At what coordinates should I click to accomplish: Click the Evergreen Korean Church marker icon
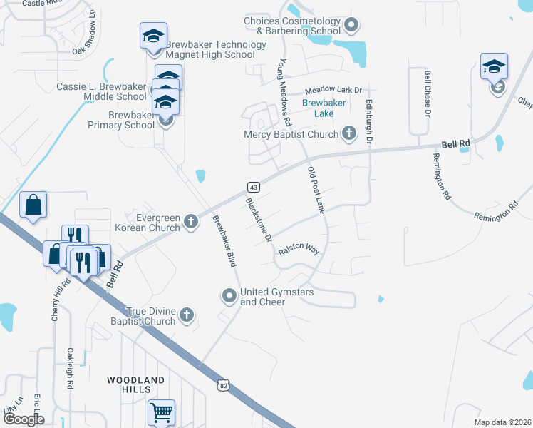(x=191, y=222)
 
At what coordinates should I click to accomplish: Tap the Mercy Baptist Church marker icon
(x=349, y=133)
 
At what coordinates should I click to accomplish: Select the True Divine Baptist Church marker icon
(x=187, y=315)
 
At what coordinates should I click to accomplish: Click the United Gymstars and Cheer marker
(x=229, y=295)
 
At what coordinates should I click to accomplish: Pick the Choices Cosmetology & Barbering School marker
(x=351, y=26)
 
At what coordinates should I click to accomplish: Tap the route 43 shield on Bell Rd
(x=253, y=187)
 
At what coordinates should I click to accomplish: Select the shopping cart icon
(x=162, y=412)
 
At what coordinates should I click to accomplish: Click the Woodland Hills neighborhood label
(x=136, y=384)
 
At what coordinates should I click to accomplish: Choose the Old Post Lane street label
(x=316, y=190)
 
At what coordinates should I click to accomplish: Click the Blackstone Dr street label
(x=259, y=220)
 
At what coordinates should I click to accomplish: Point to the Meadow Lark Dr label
(x=334, y=91)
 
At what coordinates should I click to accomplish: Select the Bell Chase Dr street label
(x=428, y=93)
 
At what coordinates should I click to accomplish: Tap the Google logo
(x=23, y=419)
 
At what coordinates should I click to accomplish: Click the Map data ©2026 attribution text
(x=502, y=422)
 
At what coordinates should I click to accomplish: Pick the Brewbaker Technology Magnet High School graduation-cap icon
(x=153, y=38)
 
